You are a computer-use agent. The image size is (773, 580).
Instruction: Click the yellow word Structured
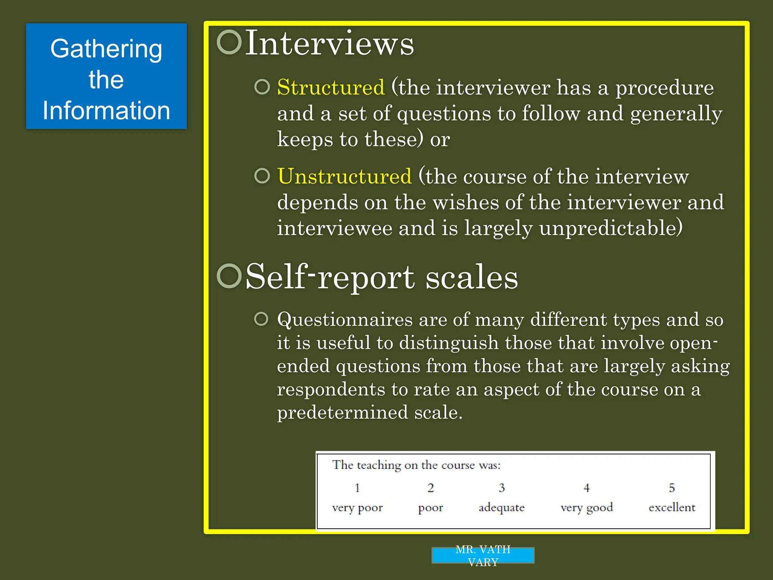[331, 88]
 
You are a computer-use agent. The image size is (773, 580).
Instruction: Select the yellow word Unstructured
[344, 176]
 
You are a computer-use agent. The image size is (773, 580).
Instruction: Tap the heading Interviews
[330, 43]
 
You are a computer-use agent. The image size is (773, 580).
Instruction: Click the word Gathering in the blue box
[106, 49]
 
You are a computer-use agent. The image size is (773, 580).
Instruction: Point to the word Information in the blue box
[106, 111]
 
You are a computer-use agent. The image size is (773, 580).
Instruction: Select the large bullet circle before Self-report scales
[229, 276]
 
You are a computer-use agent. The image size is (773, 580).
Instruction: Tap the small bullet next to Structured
[262, 87]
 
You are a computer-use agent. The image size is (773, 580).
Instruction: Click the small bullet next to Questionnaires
[261, 319]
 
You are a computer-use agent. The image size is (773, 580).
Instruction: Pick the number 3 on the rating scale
[502, 488]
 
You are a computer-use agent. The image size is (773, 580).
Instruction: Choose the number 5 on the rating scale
[672, 488]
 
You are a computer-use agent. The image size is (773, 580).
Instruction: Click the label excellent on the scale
[672, 507]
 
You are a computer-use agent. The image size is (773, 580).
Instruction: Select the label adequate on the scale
[502, 507]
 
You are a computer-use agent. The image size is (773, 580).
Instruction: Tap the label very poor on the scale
[357, 508]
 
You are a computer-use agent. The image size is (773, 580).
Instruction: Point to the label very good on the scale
[587, 508]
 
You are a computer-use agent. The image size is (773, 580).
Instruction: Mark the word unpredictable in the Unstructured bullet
[611, 228]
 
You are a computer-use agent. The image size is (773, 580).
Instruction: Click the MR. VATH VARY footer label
[483, 555]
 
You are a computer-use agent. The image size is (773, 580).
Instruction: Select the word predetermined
[342, 412]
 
